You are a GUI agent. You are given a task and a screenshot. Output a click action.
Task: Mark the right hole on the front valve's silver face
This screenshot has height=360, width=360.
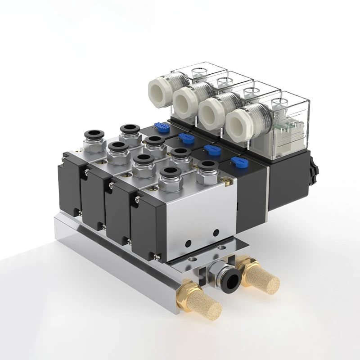pyautogui.click(x=216, y=232)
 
